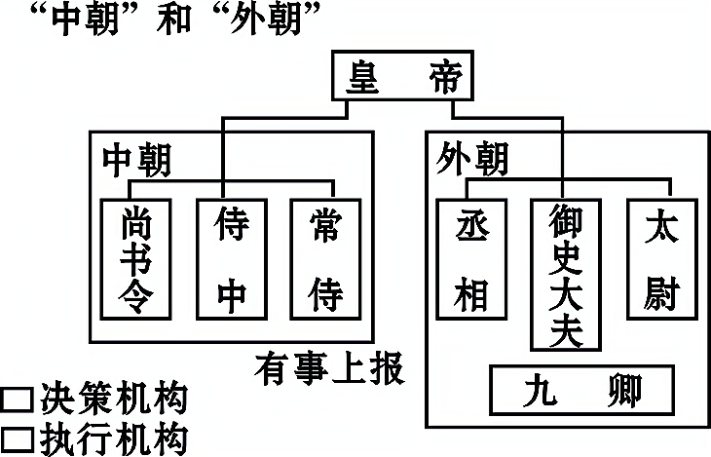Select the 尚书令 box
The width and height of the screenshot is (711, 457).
(x=135, y=258)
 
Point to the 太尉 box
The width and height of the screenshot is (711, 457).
(x=661, y=258)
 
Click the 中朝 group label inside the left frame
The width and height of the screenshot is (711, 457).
(x=136, y=158)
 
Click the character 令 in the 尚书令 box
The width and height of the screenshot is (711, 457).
(x=135, y=296)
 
